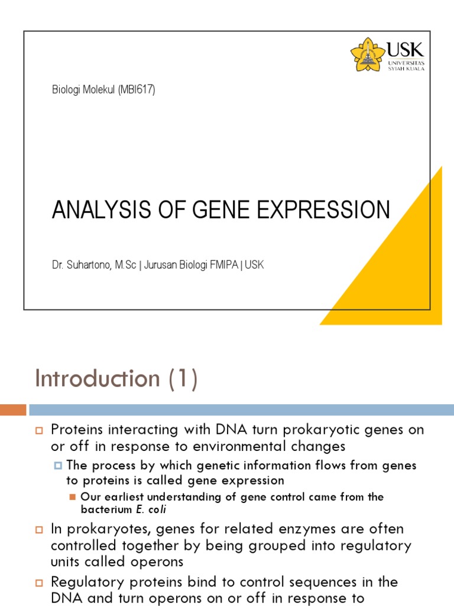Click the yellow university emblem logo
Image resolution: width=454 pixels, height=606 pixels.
click(x=368, y=54)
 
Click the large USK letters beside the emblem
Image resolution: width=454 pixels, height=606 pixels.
click(x=406, y=50)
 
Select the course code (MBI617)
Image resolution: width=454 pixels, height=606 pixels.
click(x=137, y=90)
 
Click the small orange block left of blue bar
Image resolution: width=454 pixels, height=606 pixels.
click(x=13, y=410)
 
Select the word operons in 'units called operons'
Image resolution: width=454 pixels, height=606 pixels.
click(x=154, y=561)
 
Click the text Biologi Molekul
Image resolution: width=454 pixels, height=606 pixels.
click(x=83, y=90)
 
